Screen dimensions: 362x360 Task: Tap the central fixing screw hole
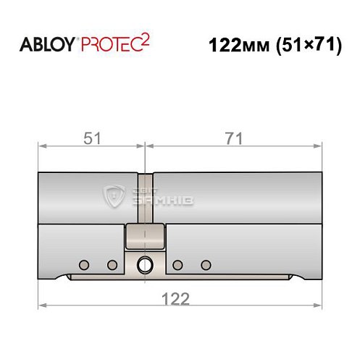tap(146, 264)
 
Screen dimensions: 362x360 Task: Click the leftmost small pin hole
tap(84, 264)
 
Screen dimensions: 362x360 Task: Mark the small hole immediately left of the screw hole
tap(112, 264)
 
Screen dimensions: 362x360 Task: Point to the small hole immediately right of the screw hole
tap(178, 264)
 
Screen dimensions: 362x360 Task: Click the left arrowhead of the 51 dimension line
tap(42, 146)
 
